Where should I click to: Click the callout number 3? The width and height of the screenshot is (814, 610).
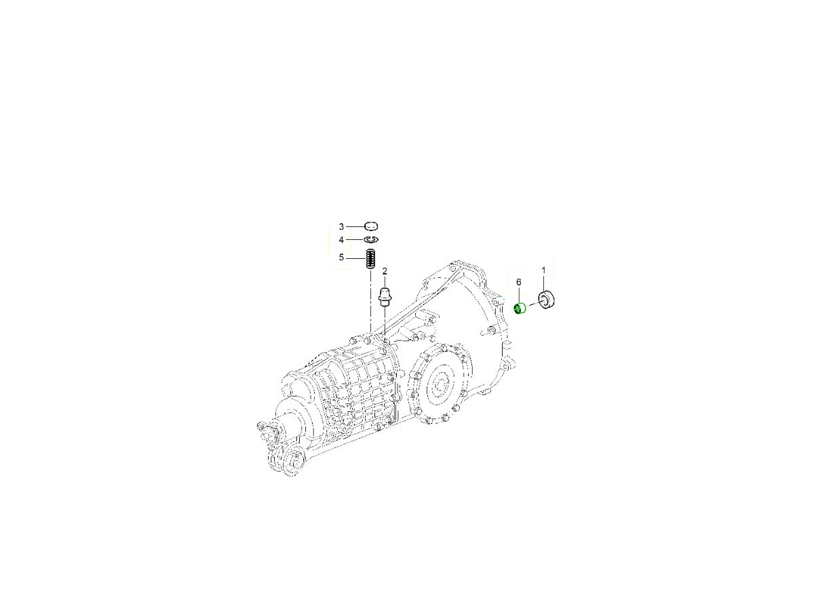[x=341, y=226]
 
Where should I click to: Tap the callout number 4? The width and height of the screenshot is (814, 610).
[x=341, y=240]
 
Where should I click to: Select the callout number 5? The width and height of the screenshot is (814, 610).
[x=341, y=258]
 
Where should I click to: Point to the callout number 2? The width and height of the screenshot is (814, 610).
[x=385, y=271]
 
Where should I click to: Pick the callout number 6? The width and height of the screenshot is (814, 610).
[x=518, y=282]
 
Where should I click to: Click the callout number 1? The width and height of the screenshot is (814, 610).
[x=543, y=270]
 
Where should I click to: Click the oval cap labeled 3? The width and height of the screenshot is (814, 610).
[x=371, y=226]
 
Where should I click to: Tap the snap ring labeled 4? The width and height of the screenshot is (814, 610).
[x=371, y=240]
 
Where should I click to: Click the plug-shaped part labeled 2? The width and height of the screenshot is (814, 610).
[x=385, y=296]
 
